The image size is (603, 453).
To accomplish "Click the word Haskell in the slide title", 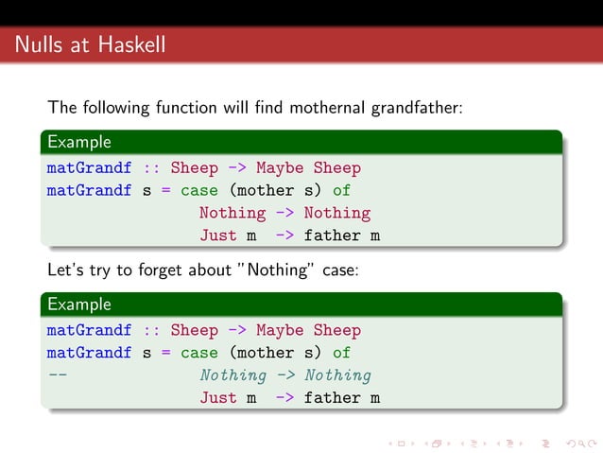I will (131, 44).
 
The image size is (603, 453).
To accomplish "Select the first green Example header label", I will (79, 142).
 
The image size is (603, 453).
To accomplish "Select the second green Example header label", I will (79, 305).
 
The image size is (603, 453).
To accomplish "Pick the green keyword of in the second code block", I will (341, 353).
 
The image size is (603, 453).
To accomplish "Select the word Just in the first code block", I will (217, 235).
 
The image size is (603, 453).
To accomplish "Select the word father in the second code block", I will (332, 398).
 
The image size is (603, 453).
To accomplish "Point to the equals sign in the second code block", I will (165, 353).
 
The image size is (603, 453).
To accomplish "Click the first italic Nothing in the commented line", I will (233, 375).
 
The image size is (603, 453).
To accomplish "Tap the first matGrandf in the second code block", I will (89, 331).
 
